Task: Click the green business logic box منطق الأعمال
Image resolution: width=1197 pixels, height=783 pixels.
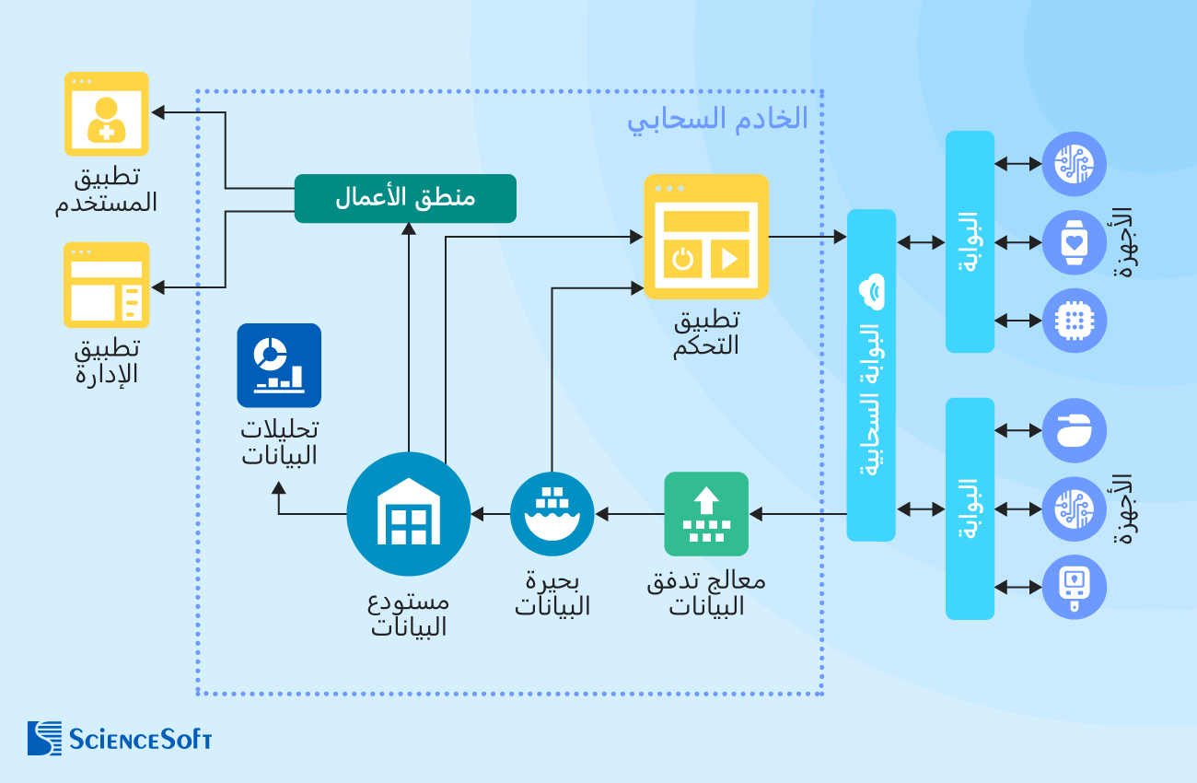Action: [405, 198]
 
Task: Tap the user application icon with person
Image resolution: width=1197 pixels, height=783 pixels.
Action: [107, 113]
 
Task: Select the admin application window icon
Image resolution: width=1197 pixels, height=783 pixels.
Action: [107, 285]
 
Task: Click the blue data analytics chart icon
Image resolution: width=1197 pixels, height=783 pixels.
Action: [279, 365]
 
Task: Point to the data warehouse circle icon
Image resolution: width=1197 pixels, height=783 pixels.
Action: [409, 514]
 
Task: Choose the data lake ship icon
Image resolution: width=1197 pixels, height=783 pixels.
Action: [552, 514]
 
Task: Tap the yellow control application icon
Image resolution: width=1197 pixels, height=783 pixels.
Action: [706, 237]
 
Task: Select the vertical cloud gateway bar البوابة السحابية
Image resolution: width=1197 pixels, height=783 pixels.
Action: [871, 375]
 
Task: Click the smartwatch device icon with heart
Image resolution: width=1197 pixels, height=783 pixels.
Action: [1074, 242]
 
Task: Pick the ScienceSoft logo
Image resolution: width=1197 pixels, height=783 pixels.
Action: [120, 738]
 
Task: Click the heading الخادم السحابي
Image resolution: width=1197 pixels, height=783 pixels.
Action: [717, 119]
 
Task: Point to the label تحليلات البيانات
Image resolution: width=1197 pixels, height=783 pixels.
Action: [279, 442]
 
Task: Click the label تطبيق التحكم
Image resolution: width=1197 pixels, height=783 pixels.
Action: [706, 333]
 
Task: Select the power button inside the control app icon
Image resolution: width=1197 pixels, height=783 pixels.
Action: [682, 258]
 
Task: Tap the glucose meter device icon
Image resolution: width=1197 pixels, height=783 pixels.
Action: [1074, 586]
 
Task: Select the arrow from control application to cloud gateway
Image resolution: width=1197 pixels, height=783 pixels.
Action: [807, 237]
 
